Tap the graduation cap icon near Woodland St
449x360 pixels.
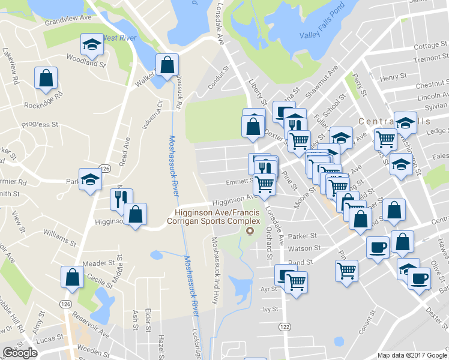(x=92, y=44)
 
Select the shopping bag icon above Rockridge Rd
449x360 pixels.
(x=46, y=78)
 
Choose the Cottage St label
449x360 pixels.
(x=427, y=46)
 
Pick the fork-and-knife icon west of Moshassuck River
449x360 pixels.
(x=121, y=199)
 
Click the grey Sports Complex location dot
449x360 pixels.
(x=251, y=230)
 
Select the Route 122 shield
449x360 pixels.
(x=284, y=325)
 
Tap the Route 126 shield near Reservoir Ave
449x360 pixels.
(x=65, y=304)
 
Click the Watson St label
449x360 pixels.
(x=300, y=248)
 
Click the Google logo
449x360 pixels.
(x=20, y=353)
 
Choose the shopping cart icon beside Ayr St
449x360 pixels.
(x=296, y=281)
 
